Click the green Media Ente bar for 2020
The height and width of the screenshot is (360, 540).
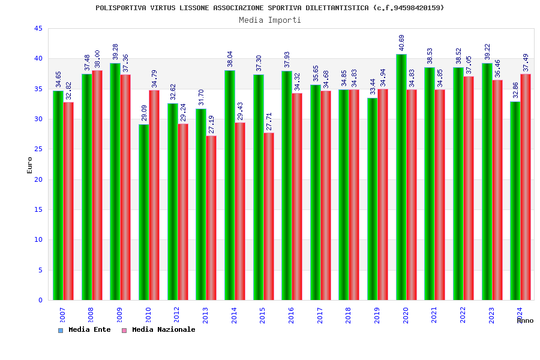tap(401, 177)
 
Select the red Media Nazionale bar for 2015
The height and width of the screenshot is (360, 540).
tap(269, 216)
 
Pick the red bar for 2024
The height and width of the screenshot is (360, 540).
tap(526, 187)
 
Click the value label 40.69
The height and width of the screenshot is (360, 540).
tap(402, 43)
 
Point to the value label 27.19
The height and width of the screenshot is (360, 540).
tap(212, 124)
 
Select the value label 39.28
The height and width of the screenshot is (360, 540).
tap(116, 52)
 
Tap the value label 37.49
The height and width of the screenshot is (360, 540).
tap(526, 62)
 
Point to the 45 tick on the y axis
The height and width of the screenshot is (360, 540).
tap(38, 28)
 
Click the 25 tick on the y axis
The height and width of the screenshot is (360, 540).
tap(38, 149)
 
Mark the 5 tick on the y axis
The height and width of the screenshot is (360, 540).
tap(40, 270)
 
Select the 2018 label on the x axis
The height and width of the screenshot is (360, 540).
tap(349, 316)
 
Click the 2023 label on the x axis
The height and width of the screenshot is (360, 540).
tap(491, 316)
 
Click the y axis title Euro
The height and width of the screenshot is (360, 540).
tap(30, 165)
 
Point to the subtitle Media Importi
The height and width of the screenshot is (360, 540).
tap(270, 20)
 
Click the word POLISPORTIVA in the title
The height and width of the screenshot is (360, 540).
tap(119, 8)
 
